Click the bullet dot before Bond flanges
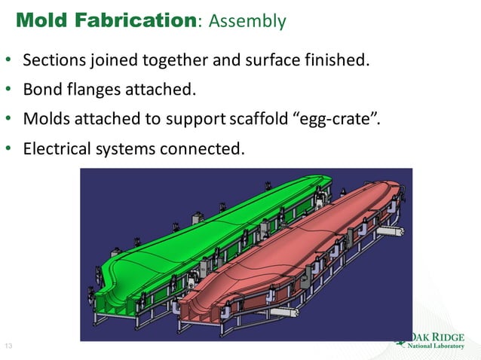tap(9, 90)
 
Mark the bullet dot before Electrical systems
tap(9, 148)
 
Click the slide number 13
tap(9, 346)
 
